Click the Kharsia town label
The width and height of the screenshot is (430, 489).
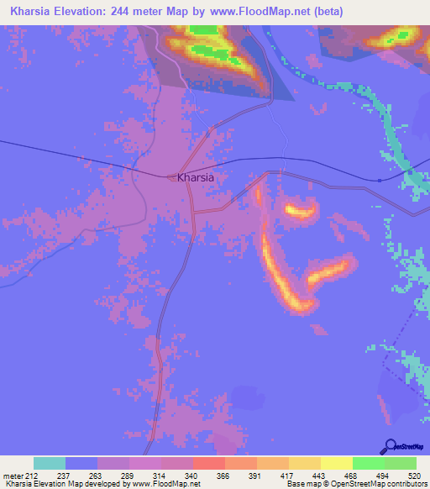[196, 178]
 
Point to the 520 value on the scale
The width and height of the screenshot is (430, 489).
[414, 476]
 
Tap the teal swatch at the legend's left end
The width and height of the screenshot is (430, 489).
[50, 463]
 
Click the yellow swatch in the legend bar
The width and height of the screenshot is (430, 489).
[337, 463]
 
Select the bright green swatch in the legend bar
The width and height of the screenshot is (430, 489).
[369, 463]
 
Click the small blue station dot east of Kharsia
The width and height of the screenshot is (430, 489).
[380, 179]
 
